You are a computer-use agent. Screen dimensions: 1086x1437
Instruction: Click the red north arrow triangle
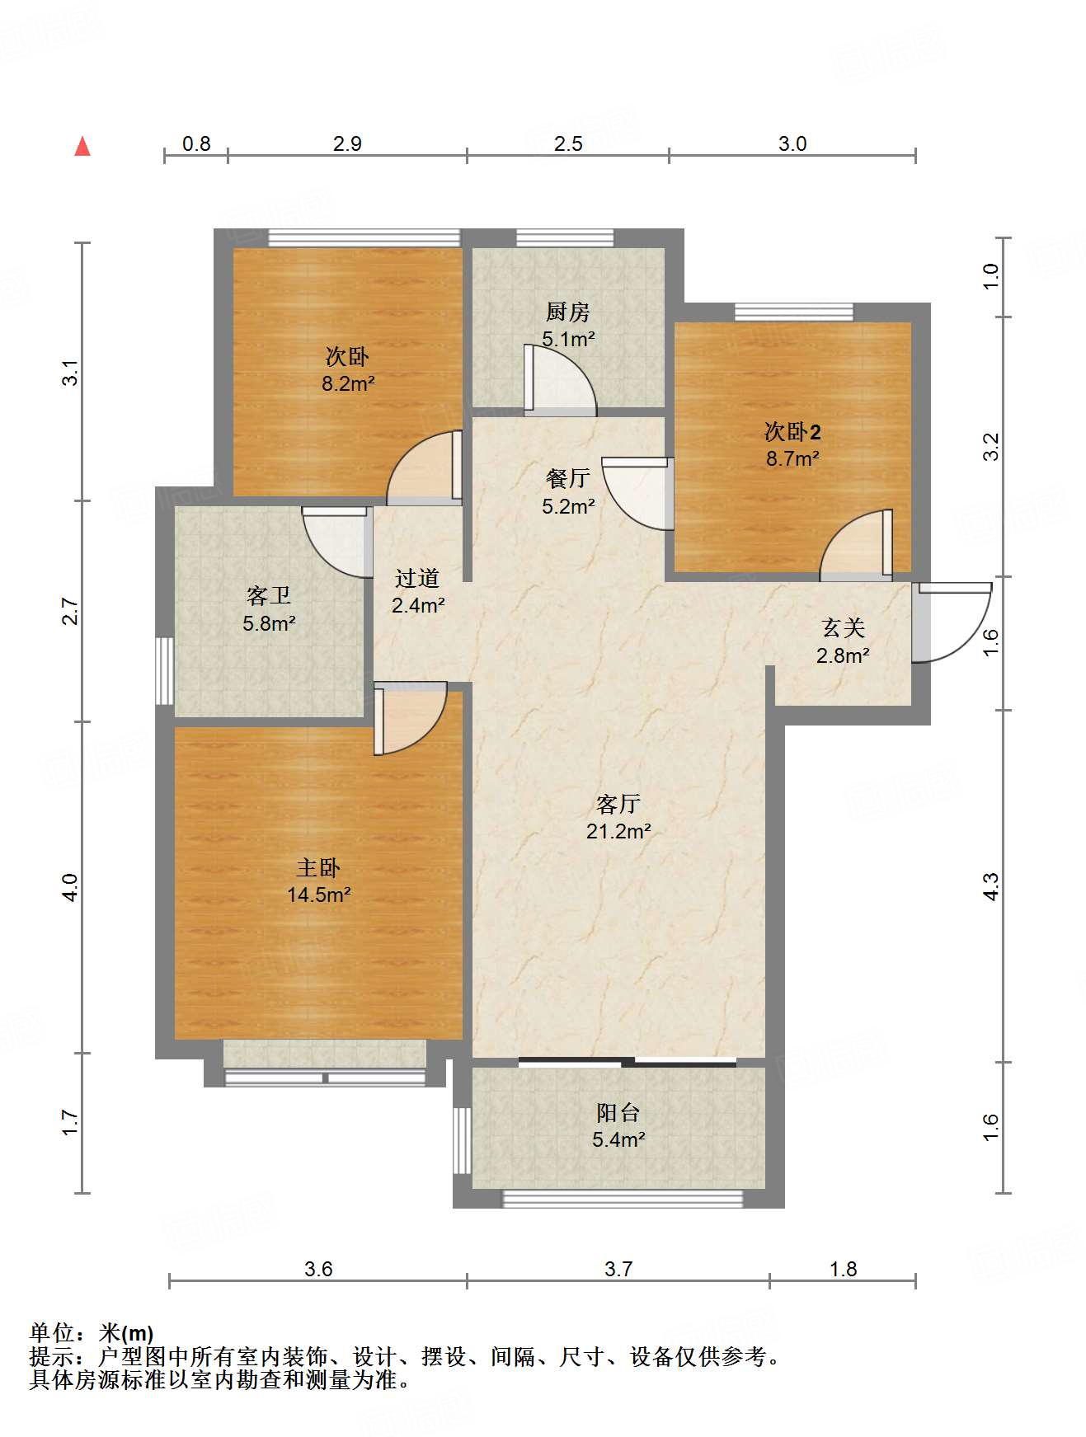82,146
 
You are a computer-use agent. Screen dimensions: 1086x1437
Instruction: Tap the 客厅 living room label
618,804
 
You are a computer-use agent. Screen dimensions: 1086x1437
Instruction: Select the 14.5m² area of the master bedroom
319,895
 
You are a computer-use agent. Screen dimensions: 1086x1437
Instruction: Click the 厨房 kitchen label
567,312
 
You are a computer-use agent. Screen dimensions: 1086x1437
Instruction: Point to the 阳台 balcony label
618,1113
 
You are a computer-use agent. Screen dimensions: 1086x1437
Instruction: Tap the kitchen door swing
561,378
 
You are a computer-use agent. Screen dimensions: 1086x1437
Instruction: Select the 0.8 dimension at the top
196,144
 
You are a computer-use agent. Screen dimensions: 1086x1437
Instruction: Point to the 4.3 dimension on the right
990,886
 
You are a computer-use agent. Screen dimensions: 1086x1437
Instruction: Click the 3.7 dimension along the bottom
618,1269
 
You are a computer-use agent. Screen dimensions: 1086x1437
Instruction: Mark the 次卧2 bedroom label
792,431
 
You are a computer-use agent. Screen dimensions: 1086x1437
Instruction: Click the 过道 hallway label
417,579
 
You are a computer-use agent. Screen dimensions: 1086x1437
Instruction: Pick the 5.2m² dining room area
568,506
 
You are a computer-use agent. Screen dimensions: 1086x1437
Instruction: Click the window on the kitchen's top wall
566,238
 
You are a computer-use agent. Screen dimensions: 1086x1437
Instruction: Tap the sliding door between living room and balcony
628,1062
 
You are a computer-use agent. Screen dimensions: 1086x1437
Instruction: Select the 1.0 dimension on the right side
990,275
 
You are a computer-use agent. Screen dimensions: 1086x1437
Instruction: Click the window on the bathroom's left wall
165,670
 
